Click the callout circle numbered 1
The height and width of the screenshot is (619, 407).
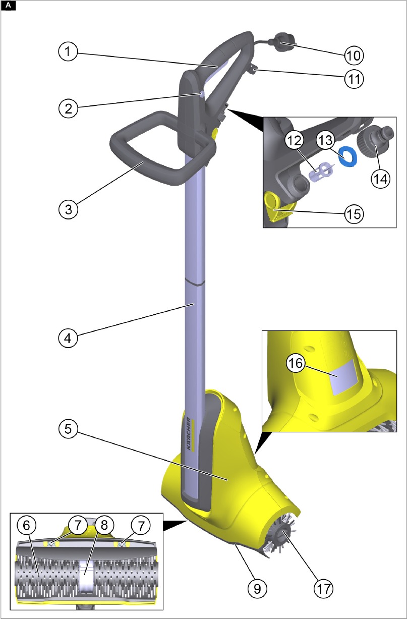(x=68, y=51)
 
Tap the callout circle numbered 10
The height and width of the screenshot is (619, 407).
(x=354, y=55)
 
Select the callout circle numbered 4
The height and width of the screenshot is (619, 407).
(x=68, y=338)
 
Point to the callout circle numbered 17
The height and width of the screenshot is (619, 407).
(x=324, y=589)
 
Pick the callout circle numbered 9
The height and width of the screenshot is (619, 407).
(x=257, y=589)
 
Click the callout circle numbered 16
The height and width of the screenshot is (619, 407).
(x=296, y=363)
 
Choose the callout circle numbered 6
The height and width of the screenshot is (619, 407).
(x=27, y=525)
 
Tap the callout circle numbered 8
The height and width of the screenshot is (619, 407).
(x=104, y=525)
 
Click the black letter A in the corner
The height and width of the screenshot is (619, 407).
(x=8, y=6)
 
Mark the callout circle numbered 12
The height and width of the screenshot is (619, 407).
(x=294, y=140)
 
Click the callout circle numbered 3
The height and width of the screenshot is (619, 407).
(x=68, y=209)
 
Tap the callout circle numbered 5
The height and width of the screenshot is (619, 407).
(x=68, y=429)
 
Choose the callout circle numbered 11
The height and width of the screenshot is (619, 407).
(x=354, y=79)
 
